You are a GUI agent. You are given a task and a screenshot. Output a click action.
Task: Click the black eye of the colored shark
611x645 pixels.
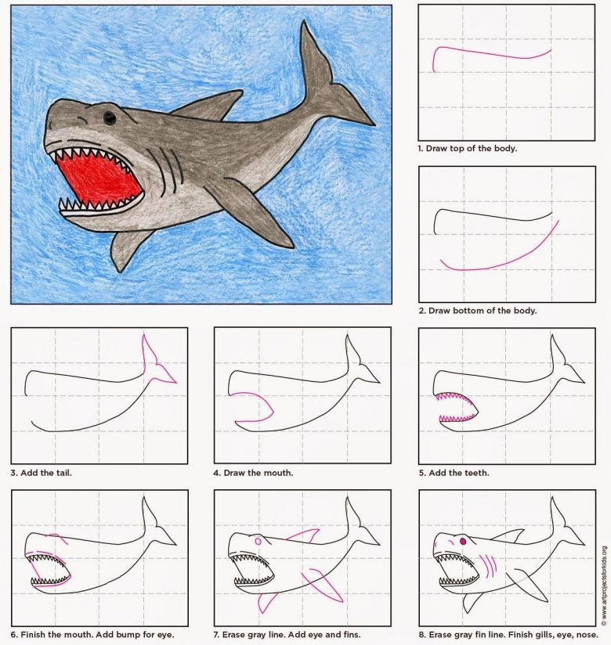tap(109, 118)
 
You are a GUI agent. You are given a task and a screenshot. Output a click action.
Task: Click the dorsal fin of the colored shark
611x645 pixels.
tap(208, 107)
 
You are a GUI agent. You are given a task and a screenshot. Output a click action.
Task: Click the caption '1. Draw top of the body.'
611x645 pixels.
tap(468, 148)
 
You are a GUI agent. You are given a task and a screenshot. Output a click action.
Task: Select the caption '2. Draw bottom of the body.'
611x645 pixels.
tap(478, 311)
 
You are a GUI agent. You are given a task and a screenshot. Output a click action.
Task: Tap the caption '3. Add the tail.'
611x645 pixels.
tap(42, 473)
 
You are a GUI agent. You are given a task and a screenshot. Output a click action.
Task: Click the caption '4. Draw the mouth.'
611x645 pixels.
tap(253, 473)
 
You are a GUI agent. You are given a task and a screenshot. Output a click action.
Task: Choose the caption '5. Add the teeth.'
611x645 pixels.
tap(454, 473)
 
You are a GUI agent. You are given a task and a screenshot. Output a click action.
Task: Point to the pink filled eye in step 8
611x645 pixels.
tap(462, 541)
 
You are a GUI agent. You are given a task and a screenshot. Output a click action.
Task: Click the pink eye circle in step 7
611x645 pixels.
tap(258, 542)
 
